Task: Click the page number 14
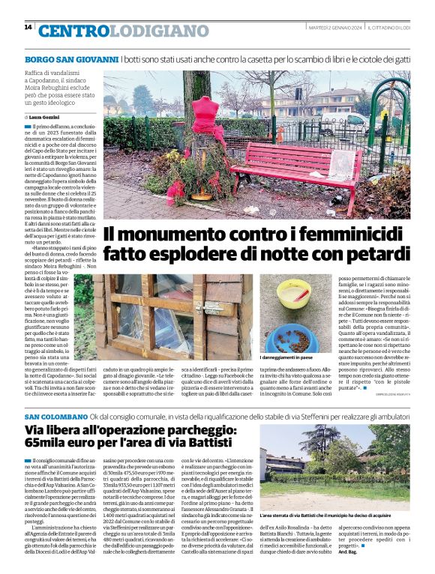28,27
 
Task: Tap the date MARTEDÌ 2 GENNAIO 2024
335,27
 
